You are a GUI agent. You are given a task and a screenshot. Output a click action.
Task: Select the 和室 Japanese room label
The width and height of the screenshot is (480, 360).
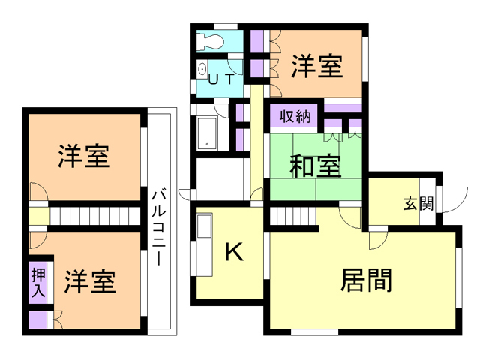coord(316,166)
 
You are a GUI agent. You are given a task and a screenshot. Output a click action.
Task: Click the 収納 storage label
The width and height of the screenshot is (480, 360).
coord(295,117)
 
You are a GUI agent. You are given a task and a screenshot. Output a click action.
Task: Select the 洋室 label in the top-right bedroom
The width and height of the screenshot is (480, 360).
coord(317,66)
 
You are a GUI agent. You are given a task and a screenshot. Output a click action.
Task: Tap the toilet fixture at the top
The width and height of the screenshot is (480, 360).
coord(210,42)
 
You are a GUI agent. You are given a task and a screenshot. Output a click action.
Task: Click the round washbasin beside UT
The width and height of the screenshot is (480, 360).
coord(202,70)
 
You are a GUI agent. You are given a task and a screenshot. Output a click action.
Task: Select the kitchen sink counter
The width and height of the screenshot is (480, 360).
coord(202,247)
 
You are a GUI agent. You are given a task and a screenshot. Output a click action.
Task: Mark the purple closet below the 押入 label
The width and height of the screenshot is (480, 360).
coord(38,319)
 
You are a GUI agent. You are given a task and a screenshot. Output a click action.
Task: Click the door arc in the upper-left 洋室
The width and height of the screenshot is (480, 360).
coord(39,191)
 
